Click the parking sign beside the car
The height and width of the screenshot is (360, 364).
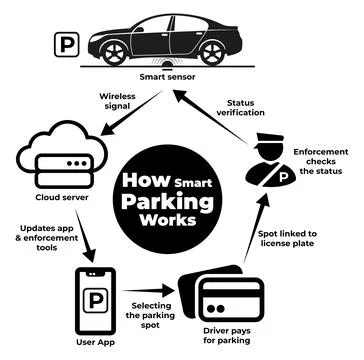tap(66, 45)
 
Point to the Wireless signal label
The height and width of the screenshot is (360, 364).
tap(116, 102)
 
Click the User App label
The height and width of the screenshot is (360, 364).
tap(98, 346)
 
